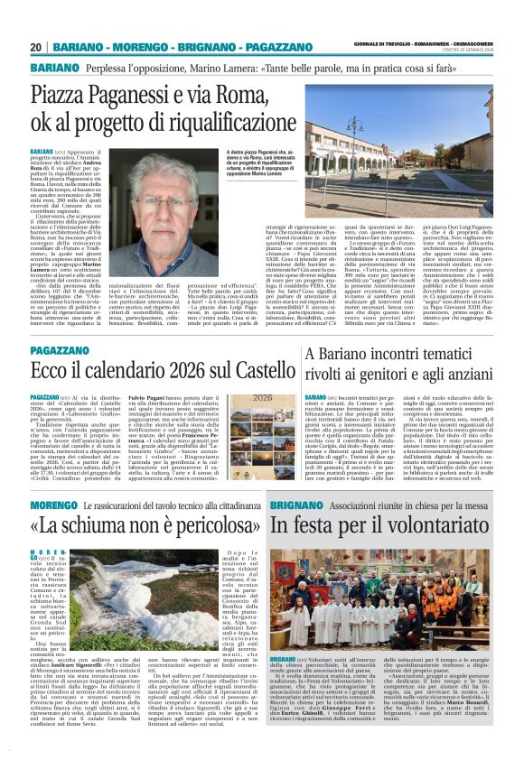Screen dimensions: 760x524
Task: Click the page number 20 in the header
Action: (x=35, y=46)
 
